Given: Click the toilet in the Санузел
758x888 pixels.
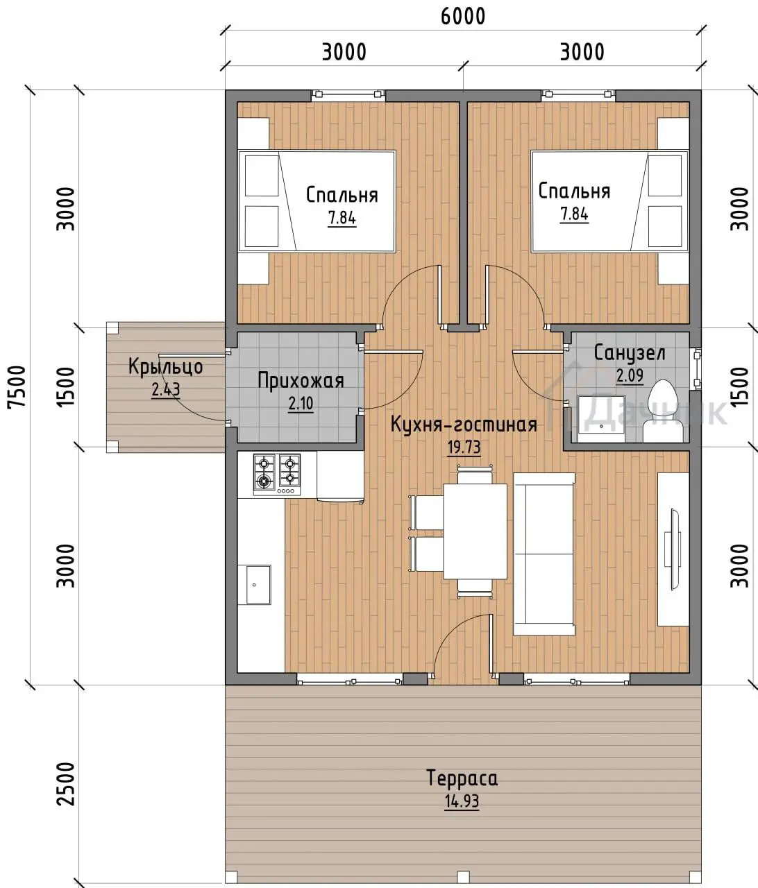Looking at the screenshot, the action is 663,411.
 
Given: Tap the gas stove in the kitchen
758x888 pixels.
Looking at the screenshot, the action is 277,475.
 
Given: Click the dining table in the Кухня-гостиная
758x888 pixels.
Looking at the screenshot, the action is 475,531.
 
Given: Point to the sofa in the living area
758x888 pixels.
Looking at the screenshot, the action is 544,554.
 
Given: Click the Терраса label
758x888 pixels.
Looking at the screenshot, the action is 462,778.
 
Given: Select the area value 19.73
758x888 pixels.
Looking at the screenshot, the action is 464,447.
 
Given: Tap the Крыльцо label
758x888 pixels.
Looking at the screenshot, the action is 165,367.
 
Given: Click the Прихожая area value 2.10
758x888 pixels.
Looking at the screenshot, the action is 301,404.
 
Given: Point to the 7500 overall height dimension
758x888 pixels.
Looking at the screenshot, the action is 17,387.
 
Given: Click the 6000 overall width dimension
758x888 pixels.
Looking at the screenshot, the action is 463,17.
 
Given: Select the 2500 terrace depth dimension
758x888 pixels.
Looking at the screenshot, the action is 65,784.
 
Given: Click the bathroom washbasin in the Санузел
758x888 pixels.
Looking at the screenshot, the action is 600,419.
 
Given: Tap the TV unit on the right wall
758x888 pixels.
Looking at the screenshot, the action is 673,549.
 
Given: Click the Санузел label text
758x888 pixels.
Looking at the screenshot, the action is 630,353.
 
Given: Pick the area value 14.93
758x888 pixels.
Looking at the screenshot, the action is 462,802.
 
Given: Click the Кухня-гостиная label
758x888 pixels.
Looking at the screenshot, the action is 464,425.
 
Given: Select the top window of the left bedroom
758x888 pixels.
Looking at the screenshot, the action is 348,94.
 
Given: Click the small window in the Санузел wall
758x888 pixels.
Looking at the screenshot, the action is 697,368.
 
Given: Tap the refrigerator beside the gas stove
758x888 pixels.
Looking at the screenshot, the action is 341,476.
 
